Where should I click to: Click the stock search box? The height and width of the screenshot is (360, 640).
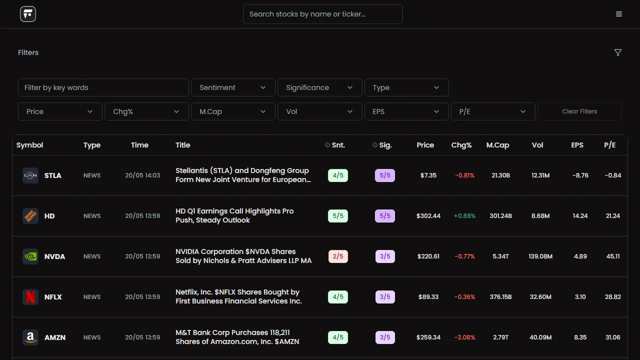(x=323, y=14)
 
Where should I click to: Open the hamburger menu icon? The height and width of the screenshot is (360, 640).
(x=619, y=14)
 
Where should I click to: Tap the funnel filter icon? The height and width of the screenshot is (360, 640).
(x=617, y=52)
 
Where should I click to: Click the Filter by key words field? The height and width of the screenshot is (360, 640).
(x=103, y=87)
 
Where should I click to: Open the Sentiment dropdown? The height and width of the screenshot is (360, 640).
(x=233, y=87)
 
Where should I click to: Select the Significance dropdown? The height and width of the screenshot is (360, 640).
(x=319, y=87)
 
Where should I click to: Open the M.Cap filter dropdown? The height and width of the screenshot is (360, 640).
(x=233, y=111)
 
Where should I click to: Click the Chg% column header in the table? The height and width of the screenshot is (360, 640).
(x=461, y=145)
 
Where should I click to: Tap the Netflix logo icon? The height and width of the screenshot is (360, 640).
(x=30, y=297)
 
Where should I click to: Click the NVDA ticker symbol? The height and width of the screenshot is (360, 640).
(x=54, y=256)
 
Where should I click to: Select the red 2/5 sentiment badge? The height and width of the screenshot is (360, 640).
(x=338, y=256)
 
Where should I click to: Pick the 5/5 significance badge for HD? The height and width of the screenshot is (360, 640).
(x=385, y=215)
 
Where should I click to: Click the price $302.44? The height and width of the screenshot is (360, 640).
(x=428, y=215)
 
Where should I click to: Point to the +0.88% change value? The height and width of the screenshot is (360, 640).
(x=464, y=215)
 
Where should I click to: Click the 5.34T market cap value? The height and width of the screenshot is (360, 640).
(x=500, y=256)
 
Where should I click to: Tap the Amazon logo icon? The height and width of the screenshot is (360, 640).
(x=30, y=337)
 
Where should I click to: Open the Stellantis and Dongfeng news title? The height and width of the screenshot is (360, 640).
(x=243, y=175)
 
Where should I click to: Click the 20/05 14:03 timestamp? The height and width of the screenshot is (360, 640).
(x=142, y=175)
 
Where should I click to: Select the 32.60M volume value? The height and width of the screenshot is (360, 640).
(x=540, y=297)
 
